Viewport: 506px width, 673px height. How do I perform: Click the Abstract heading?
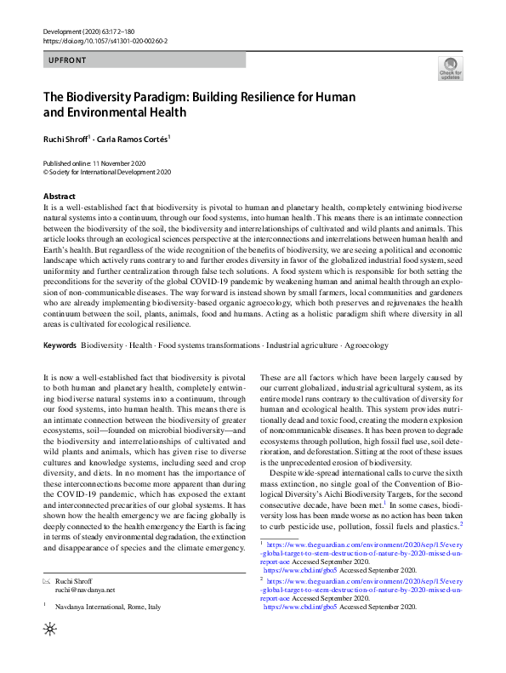(x=59, y=196)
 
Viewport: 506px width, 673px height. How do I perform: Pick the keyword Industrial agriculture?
(x=301, y=345)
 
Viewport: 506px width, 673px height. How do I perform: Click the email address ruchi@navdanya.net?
(x=84, y=589)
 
